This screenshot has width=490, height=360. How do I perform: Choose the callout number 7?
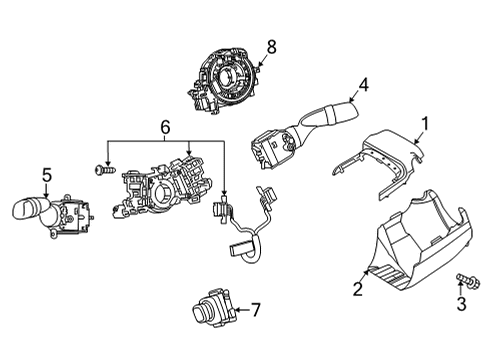[255, 310]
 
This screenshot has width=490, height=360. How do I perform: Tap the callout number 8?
[270, 45]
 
